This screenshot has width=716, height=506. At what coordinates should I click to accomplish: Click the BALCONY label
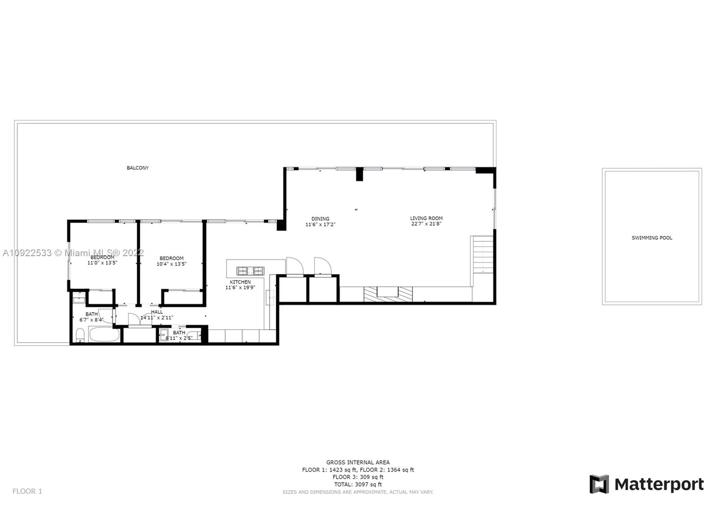click(137, 168)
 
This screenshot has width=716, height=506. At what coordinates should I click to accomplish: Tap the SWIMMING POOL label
click(652, 238)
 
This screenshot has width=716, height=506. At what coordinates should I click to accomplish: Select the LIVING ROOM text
click(426, 219)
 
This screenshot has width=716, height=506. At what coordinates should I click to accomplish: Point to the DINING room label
click(320, 219)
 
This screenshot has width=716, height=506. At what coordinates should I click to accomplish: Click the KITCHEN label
click(240, 282)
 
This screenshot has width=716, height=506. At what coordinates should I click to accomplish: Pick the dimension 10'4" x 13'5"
click(171, 264)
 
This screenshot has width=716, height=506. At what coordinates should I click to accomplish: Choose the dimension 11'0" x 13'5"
click(102, 263)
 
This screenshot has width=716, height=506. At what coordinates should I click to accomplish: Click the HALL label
click(157, 312)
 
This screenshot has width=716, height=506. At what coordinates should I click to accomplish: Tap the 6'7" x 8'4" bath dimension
click(91, 320)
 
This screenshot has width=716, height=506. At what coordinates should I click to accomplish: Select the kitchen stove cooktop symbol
click(251, 270)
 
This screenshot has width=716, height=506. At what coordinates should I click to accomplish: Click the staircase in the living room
click(483, 254)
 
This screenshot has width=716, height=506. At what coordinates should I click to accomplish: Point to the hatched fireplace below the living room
click(388, 294)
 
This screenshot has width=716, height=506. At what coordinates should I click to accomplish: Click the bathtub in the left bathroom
click(104, 334)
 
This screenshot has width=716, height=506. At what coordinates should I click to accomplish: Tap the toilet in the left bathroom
click(80, 335)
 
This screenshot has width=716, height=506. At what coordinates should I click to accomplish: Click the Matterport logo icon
click(599, 484)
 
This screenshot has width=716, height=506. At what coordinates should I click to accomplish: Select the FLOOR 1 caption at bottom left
click(27, 491)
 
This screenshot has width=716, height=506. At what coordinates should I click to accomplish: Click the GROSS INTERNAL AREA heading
click(358, 463)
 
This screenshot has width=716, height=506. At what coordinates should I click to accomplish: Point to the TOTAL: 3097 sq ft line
click(358, 485)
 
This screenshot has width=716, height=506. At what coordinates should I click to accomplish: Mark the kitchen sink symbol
click(270, 297)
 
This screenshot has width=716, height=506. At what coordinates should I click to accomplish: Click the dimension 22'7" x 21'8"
click(426, 224)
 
